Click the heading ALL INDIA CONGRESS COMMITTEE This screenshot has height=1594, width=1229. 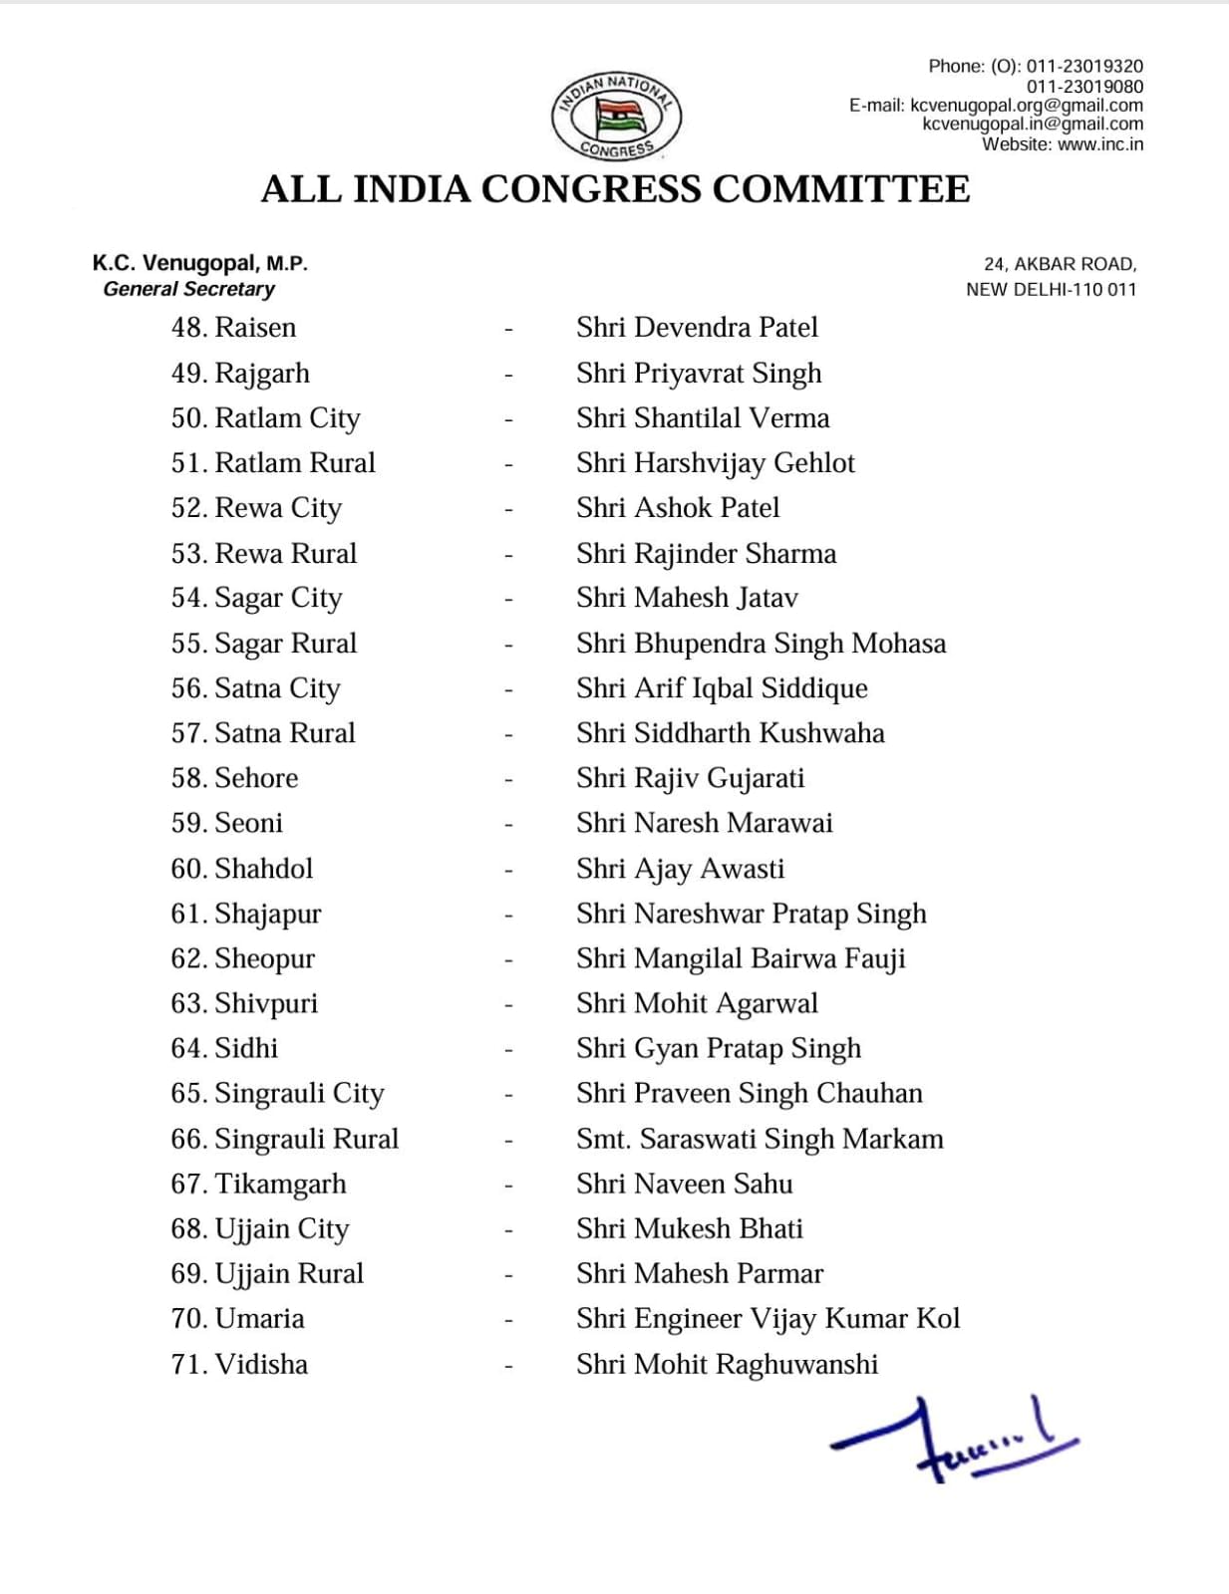pyautogui.click(x=615, y=189)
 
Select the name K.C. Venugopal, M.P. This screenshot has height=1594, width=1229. pyautogui.click(x=200, y=264)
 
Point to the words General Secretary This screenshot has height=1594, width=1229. pyautogui.click(x=188, y=289)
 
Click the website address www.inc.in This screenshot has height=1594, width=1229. pyautogui.click(x=1099, y=144)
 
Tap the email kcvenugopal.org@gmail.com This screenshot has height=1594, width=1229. pyautogui.click(x=1027, y=106)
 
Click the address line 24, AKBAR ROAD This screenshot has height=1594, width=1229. pyautogui.click(x=1060, y=264)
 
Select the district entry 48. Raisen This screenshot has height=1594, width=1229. pyautogui.click(x=233, y=328)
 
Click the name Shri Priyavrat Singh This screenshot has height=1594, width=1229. pyautogui.click(x=699, y=373)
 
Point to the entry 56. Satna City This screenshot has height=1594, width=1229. pyautogui.click(x=255, y=688)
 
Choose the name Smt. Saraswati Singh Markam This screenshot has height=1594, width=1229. pyautogui.click(x=760, y=1139)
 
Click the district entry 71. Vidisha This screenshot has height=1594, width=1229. pyautogui.click(x=239, y=1364)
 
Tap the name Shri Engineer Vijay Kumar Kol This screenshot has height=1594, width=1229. pyautogui.click(x=768, y=1319)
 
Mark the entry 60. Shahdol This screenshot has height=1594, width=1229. pyautogui.click(x=241, y=869)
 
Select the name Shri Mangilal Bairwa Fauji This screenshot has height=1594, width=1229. pyautogui.click(x=741, y=958)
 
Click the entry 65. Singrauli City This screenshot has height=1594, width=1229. pyautogui.click(x=277, y=1094)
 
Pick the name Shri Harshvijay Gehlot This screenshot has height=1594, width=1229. pyautogui.click(x=715, y=463)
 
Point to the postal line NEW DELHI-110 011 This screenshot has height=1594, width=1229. pyautogui.click(x=1051, y=290)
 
